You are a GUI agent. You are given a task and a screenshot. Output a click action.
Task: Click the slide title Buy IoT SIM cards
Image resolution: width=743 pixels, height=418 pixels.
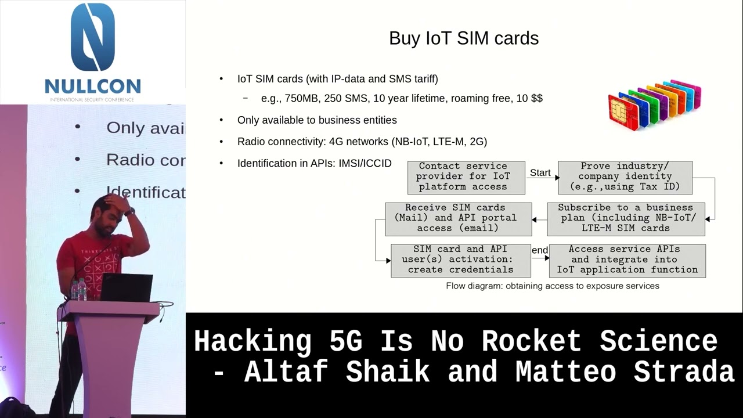464,38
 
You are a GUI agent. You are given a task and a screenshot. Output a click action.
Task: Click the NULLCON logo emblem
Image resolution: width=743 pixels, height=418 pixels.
93,37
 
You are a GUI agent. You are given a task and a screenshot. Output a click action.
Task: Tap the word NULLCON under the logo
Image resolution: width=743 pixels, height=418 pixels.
93,87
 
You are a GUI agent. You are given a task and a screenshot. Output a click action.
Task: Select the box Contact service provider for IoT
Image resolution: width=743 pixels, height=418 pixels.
466,177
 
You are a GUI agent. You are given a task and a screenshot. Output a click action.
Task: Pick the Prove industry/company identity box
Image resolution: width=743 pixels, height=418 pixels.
625,177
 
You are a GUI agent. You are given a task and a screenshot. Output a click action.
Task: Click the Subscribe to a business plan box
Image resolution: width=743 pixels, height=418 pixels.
626,218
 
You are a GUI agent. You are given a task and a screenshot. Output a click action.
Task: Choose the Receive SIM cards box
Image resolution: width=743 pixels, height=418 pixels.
458,218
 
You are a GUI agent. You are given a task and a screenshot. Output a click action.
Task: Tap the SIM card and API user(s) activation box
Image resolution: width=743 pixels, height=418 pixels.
460,260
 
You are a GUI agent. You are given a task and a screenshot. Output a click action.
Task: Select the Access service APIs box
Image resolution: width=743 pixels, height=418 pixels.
627,260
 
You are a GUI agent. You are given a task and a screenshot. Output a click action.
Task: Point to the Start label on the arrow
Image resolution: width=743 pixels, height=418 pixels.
540,172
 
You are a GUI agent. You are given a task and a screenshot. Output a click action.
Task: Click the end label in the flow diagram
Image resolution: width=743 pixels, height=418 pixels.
540,250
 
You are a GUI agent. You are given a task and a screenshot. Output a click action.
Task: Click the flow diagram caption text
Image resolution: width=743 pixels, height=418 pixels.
552,286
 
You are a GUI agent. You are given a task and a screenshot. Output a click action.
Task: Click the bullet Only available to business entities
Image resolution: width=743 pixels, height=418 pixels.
317,120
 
